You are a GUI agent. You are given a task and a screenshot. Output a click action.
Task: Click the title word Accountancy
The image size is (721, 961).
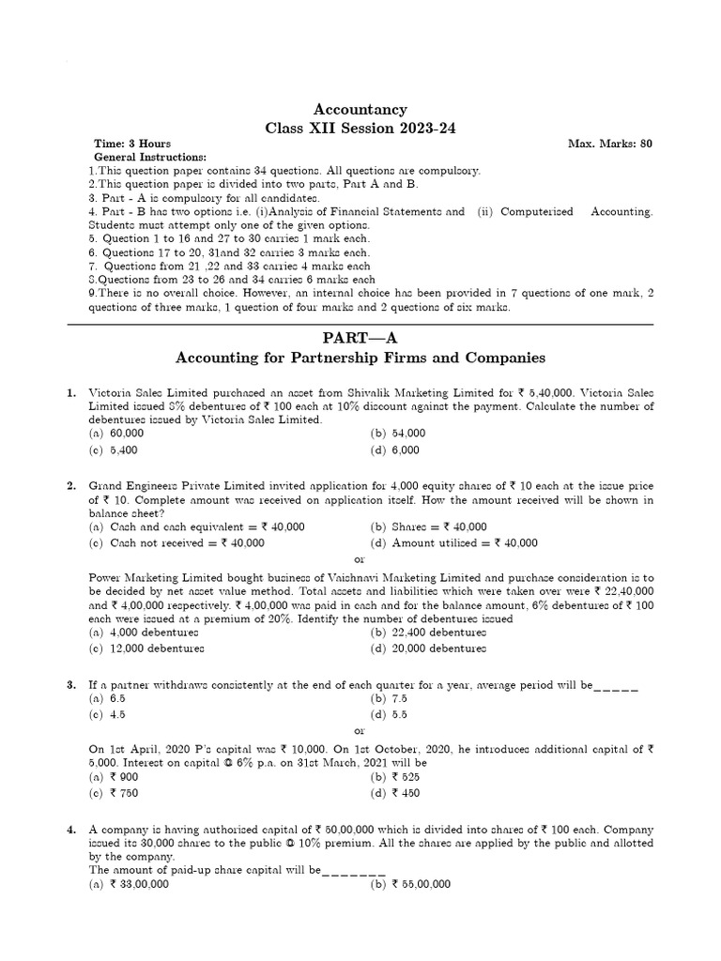click(361, 110)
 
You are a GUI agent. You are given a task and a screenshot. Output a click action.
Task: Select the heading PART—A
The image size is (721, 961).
click(361, 336)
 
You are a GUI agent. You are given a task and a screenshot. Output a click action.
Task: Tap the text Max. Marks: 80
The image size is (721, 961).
click(609, 144)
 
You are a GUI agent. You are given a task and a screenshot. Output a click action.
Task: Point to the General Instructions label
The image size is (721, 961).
click(151, 157)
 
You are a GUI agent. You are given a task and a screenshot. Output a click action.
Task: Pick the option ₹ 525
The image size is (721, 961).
click(395, 777)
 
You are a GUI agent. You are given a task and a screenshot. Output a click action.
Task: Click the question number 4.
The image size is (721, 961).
click(71, 831)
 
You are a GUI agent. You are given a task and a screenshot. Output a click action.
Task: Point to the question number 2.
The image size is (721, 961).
click(71, 485)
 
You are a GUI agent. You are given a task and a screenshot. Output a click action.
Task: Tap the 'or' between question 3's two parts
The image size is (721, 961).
click(360, 730)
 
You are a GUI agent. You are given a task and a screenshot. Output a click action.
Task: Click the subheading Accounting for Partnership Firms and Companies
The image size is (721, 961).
click(361, 359)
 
